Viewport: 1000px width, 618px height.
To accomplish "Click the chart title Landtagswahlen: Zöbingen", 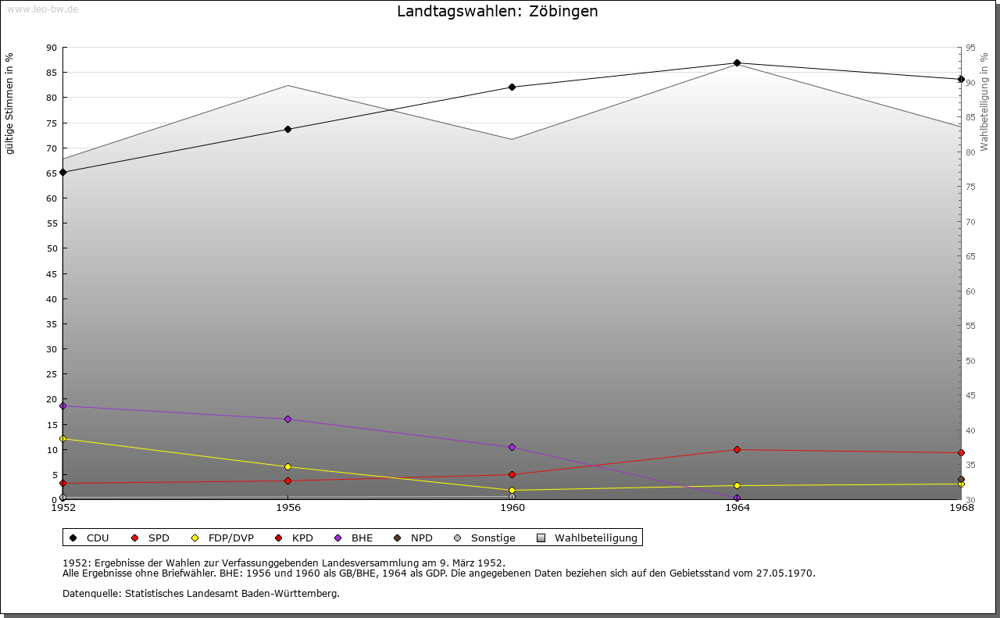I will click(x=498, y=12).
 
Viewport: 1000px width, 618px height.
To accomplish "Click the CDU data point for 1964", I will click(x=737, y=63).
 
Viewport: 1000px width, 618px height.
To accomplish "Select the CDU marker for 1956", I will click(x=287, y=129).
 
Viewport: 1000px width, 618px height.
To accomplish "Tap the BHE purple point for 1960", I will click(x=512, y=448).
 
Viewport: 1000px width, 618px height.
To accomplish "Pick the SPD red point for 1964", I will click(x=737, y=449).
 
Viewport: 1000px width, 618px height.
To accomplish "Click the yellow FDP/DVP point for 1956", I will click(x=287, y=467).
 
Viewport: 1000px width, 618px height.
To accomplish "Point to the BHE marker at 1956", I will click(x=287, y=420).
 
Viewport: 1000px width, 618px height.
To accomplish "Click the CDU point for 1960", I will click(x=512, y=87).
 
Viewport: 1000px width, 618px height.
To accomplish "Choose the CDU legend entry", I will click(x=89, y=538).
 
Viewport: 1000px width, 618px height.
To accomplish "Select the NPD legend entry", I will click(x=413, y=538).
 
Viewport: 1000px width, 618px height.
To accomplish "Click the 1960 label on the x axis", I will click(x=512, y=507).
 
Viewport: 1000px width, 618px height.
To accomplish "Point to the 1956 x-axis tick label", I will click(x=288, y=507).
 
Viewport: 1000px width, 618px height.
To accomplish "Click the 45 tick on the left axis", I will click(x=52, y=274).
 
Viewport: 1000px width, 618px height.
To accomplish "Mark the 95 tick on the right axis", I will click(x=970, y=48).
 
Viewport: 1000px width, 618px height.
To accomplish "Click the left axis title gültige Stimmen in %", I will click(x=10, y=104).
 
